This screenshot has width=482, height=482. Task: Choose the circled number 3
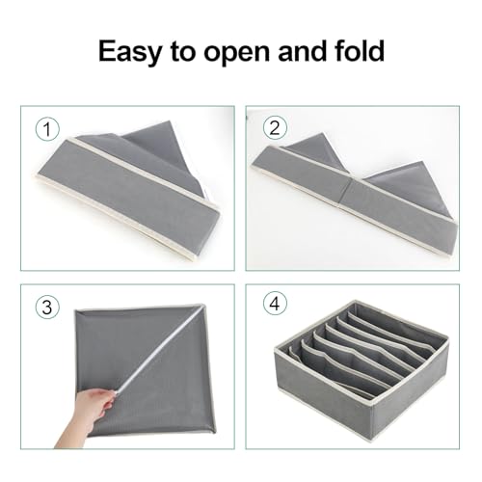[43, 308]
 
